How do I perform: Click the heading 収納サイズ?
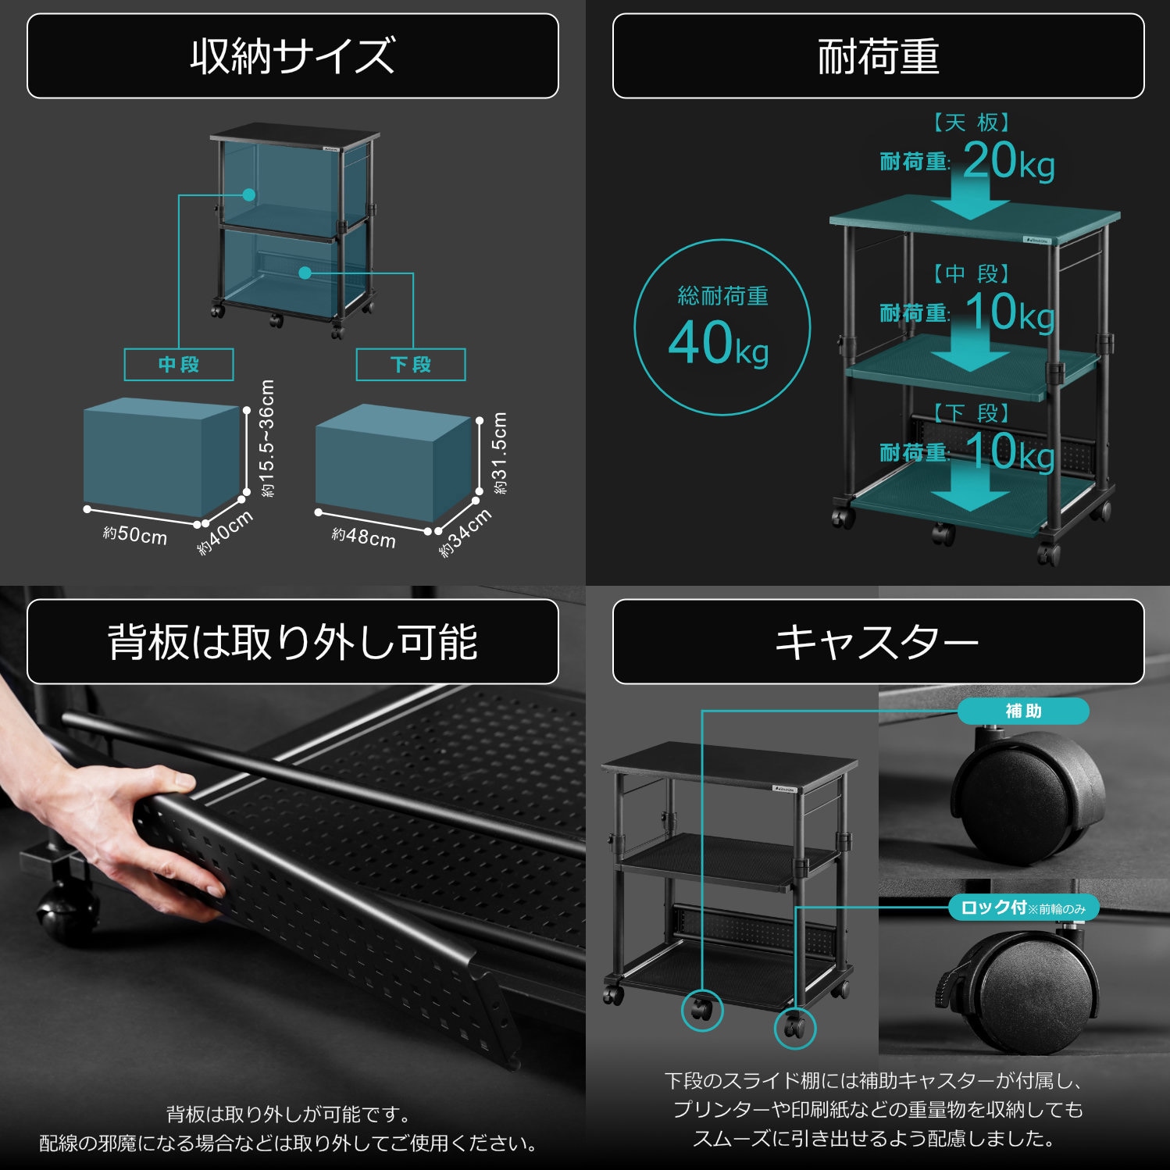point(292,56)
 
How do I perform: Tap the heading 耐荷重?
point(878,56)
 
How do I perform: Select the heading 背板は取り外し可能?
point(292,642)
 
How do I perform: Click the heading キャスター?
point(878,642)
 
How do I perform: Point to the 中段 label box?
point(179,365)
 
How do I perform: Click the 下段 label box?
point(411,365)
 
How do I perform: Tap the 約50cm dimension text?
point(135,536)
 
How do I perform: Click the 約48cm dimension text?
point(364,537)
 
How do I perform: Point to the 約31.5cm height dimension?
point(500,453)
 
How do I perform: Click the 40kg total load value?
point(719,344)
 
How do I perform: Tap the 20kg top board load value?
point(1008,162)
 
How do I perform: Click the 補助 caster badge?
point(1022,712)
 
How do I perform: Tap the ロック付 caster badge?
point(1022,908)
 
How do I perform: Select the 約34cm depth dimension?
point(466,533)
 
